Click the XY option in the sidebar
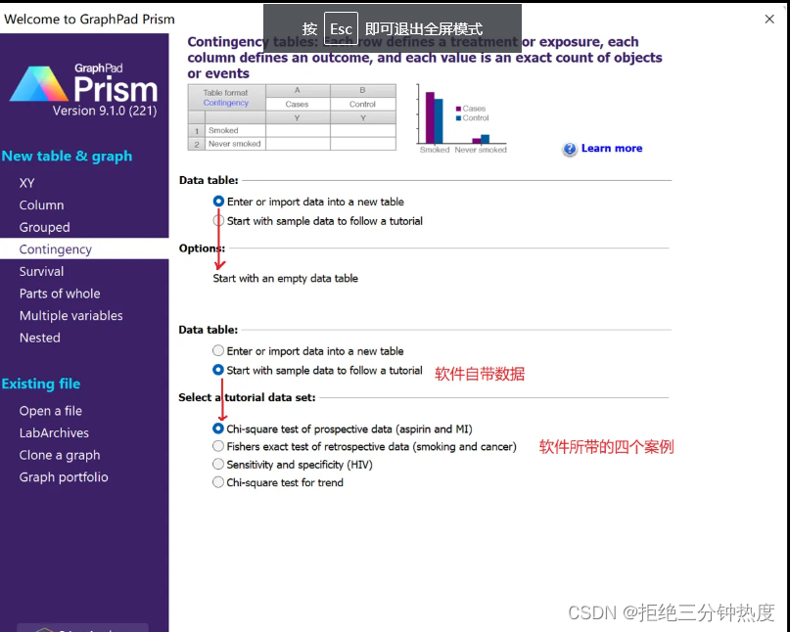click(x=27, y=183)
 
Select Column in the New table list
click(x=41, y=205)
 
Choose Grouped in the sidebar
click(x=45, y=227)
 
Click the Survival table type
click(x=41, y=271)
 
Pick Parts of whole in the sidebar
click(x=60, y=293)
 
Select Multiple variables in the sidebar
click(x=71, y=316)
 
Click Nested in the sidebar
click(x=40, y=338)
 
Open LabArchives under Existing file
click(x=54, y=432)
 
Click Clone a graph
click(x=60, y=455)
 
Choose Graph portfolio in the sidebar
click(x=64, y=477)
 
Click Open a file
click(x=51, y=411)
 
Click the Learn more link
click(x=611, y=149)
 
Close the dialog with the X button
click(x=769, y=19)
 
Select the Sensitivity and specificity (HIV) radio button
click(x=218, y=465)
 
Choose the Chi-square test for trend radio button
click(x=218, y=482)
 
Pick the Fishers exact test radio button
click(x=218, y=446)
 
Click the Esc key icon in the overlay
click(x=341, y=29)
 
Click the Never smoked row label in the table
click(x=234, y=144)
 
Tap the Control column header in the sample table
click(x=362, y=104)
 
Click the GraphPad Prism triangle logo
click(x=39, y=85)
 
